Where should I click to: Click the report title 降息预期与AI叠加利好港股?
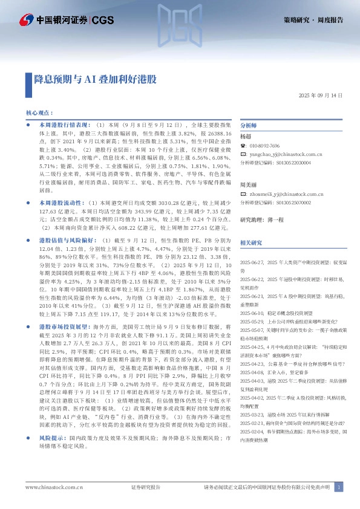pos(96,79)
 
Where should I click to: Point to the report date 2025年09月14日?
pos(321,96)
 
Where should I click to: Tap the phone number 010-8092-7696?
pos(265,146)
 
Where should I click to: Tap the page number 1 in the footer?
pos(339,487)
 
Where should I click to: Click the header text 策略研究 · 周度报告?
pos(313,19)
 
